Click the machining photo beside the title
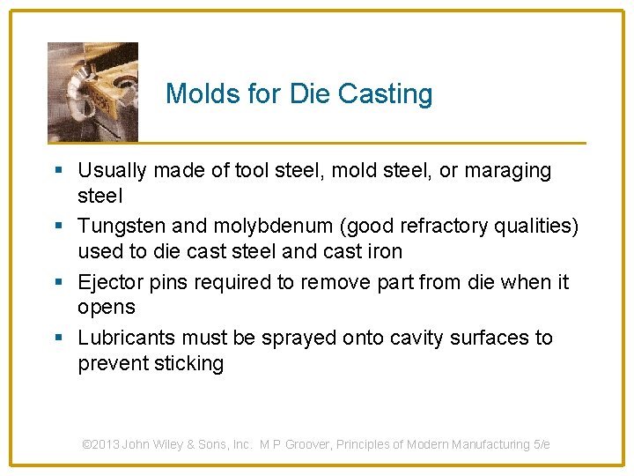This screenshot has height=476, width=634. [x=92, y=92]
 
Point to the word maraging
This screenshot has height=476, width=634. [x=508, y=171]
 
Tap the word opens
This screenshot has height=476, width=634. [x=107, y=307]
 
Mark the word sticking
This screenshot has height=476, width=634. [x=187, y=363]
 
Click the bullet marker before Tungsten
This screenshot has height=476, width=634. [x=58, y=227]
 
